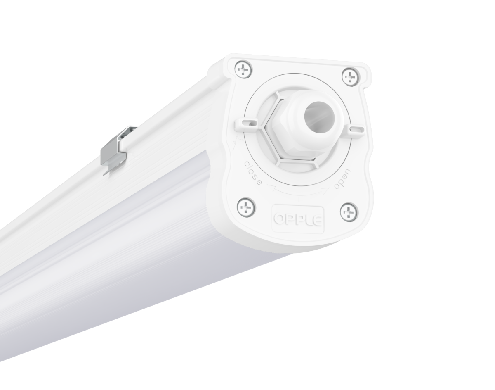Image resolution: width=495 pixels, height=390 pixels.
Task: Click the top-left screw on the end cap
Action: pos(243,69)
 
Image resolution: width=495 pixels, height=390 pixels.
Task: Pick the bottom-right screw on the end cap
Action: pos(349,211)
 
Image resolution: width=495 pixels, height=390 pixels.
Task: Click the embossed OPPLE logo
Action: pos(298,220)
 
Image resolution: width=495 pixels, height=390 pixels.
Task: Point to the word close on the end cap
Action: pos(253,173)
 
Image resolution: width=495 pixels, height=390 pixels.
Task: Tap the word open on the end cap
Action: pos(342,179)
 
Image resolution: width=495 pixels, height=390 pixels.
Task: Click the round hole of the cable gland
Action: pos(319,116)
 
